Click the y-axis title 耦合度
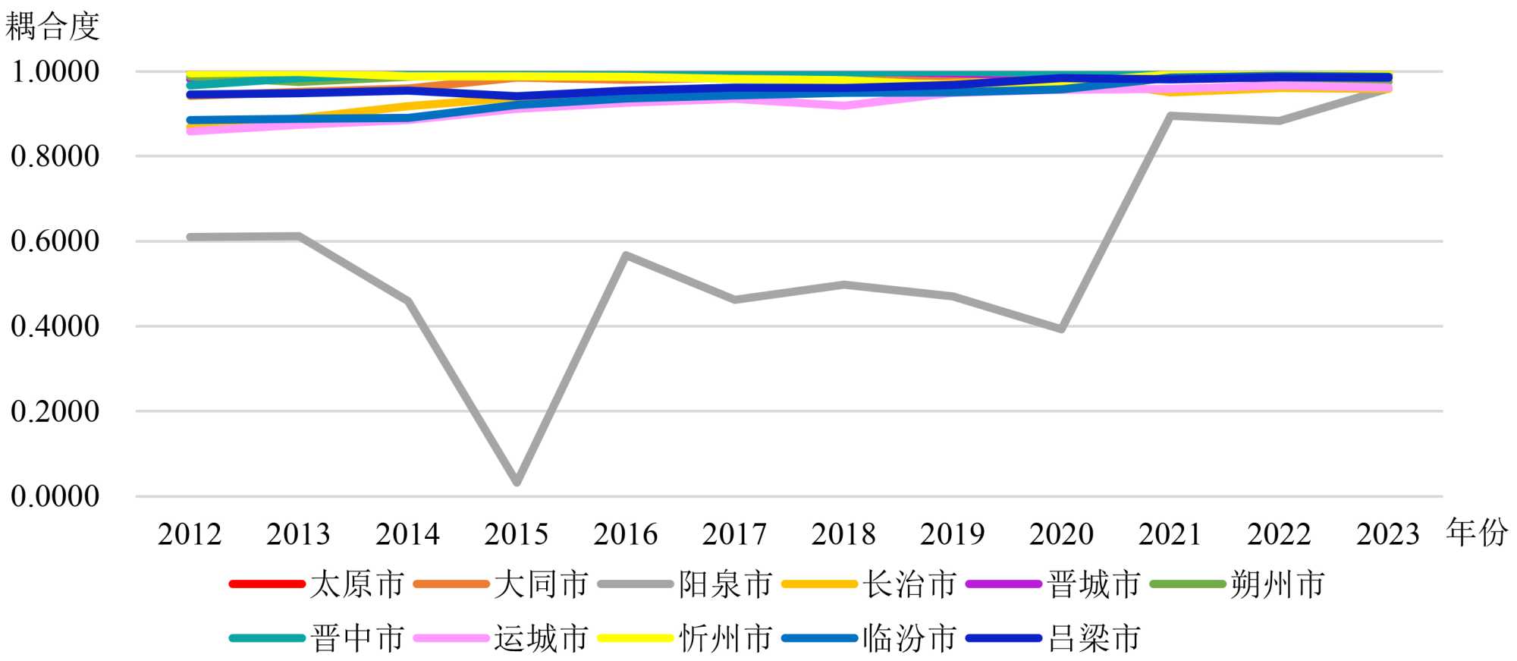52,27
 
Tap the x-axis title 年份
1476,533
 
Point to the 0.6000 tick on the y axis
55,241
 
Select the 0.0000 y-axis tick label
55,496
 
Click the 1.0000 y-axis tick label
55,72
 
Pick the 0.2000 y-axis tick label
55,411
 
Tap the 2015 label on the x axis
517,534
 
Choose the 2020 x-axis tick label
1061,534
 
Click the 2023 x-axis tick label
1388,534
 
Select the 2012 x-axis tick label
190,534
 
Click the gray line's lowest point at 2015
517,482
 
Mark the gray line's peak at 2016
625,256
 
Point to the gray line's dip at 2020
1061,329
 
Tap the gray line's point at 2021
1170,116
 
